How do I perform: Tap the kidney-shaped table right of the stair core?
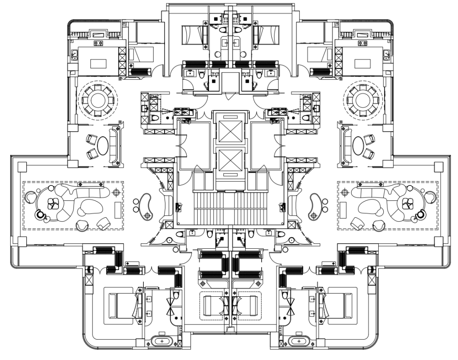[315, 203]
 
